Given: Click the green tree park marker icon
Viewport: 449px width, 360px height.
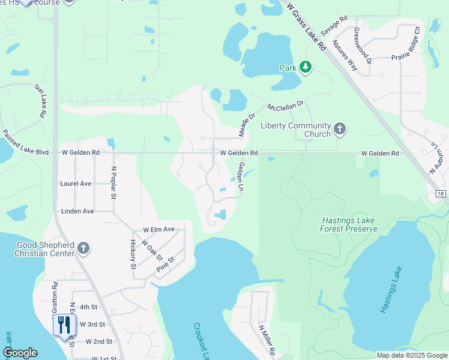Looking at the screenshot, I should click(306, 67).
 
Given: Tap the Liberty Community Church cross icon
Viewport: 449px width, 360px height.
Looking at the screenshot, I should click(340, 129).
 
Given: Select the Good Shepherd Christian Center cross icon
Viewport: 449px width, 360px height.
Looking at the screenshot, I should click(83, 248).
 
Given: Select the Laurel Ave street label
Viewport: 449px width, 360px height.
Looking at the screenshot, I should click(76, 184).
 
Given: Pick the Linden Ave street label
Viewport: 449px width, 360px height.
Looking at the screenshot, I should click(77, 212).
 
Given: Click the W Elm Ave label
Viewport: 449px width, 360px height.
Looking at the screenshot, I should click(158, 230).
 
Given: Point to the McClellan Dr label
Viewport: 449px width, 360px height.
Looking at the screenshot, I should click(286, 106).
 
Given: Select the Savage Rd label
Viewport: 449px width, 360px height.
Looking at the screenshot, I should click(334, 25).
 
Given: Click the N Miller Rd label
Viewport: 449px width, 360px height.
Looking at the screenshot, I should click(266, 340).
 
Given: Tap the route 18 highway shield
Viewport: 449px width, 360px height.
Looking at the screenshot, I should click(441, 194).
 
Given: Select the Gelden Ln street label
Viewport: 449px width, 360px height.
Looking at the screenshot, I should click(241, 177).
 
